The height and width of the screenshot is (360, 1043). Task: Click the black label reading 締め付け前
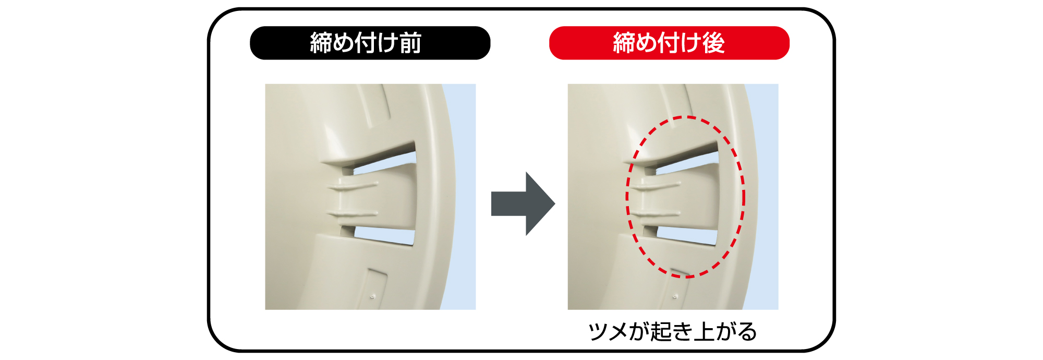[x=370, y=43]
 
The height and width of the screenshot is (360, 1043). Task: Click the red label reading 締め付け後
[x=669, y=43]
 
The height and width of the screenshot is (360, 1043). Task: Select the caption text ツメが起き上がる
[x=672, y=331]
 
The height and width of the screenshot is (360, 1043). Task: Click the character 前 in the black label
[x=411, y=43]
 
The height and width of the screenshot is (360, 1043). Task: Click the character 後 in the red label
[x=713, y=43]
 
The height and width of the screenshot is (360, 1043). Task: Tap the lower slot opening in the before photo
[x=386, y=235]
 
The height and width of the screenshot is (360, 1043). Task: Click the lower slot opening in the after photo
[x=688, y=235]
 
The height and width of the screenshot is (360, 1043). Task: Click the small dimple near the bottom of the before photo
[x=372, y=296]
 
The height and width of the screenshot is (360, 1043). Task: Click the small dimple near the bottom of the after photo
[x=675, y=296]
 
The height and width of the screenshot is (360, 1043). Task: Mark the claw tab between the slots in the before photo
[x=386, y=201]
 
